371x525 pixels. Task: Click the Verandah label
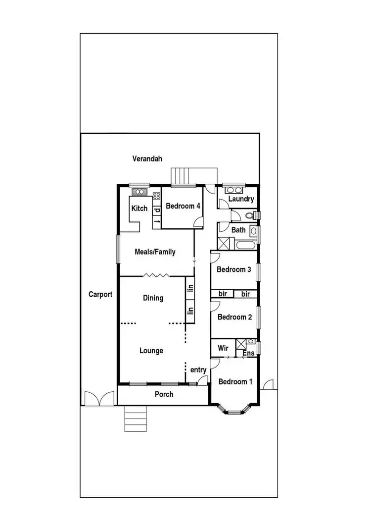point(147,158)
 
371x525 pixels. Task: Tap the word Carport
point(100,294)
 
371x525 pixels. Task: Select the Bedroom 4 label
point(183,206)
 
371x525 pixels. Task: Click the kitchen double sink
point(140,192)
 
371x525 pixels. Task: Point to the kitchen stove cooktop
point(157,195)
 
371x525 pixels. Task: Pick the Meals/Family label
point(155,252)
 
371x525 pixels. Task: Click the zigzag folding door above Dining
point(157,275)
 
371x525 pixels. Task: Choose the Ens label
point(248,353)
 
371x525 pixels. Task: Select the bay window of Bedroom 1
point(234,409)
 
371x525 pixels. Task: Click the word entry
point(198,370)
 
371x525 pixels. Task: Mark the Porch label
point(164,395)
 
